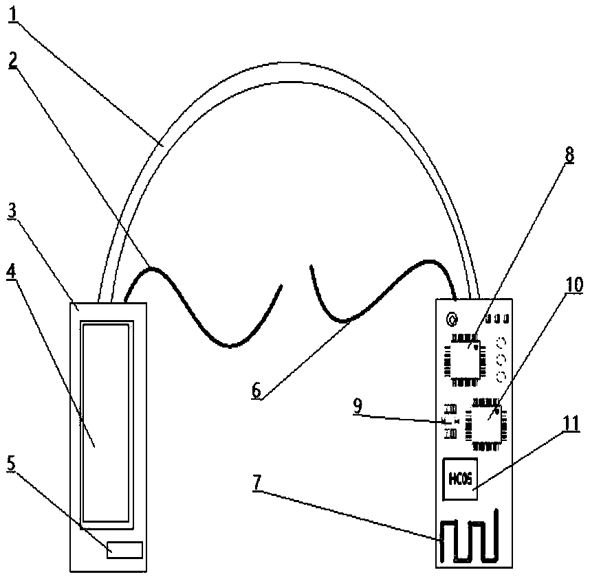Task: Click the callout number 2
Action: click(x=14, y=61)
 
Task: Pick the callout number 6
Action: click(x=256, y=391)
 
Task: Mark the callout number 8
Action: click(x=569, y=155)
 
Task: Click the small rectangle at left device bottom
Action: click(x=124, y=549)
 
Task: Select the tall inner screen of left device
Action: click(x=105, y=422)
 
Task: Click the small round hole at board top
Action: click(x=452, y=319)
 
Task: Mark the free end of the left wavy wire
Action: click(x=281, y=286)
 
